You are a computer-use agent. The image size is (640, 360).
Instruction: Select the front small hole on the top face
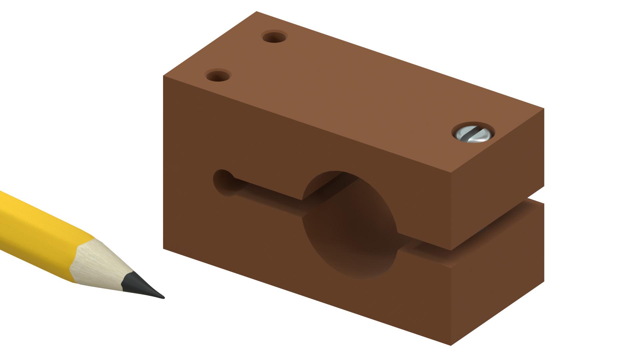218,76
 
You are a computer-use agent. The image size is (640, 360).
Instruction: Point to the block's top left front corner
163,76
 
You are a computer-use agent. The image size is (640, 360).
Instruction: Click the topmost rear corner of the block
256,12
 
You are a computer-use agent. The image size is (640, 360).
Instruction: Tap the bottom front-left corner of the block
163,248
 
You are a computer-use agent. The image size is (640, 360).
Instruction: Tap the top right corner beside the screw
544,109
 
